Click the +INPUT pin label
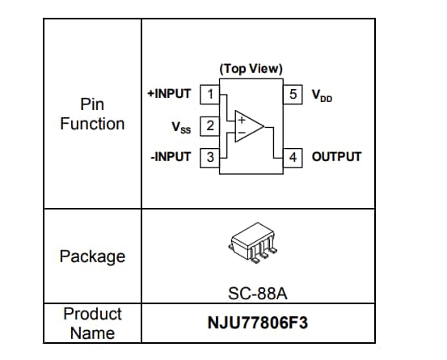pyautogui.click(x=169, y=94)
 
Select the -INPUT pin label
pyautogui.click(x=171, y=157)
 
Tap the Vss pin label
pyautogui.click(x=182, y=126)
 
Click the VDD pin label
pyautogui.click(x=322, y=95)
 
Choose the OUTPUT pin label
pyautogui.click(x=336, y=157)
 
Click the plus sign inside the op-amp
pyautogui.click(x=240, y=119)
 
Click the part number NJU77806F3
pyautogui.click(x=258, y=324)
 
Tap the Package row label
pyautogui.click(x=92, y=256)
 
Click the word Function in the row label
pyautogui.click(x=92, y=124)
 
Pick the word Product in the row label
pyautogui.click(x=92, y=314)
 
